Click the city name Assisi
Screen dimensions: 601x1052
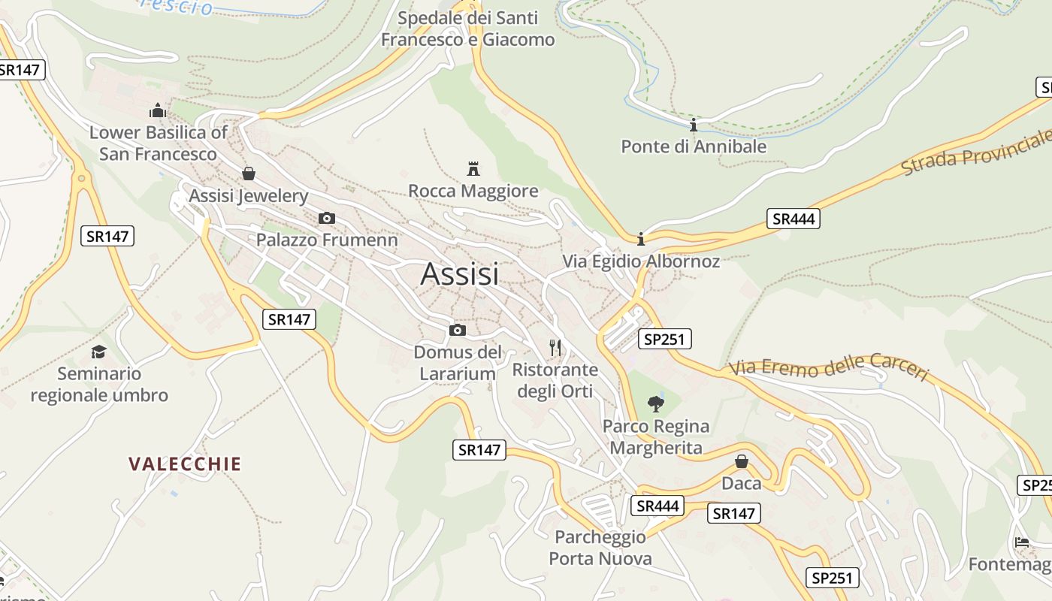[x=460, y=274]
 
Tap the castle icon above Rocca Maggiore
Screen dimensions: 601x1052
[x=473, y=168]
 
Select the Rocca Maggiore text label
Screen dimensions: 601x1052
[x=473, y=192]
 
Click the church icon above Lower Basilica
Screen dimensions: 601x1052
[x=157, y=111]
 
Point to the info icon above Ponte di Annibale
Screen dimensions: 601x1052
[x=693, y=125]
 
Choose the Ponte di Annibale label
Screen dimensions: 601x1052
[x=694, y=146]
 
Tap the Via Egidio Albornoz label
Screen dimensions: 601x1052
[x=641, y=261]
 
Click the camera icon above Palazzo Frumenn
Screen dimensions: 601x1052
[x=326, y=218]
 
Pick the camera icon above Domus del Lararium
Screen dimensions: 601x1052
[x=457, y=330]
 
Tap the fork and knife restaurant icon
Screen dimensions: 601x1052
[x=555, y=347]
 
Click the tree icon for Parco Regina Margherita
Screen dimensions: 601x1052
[x=656, y=403]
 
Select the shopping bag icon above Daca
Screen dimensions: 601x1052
[x=742, y=461]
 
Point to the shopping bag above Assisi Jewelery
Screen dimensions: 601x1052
[x=249, y=174]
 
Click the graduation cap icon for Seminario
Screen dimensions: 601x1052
[x=98, y=352]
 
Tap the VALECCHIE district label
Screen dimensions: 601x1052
[x=185, y=464]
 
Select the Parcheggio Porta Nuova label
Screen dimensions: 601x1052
[x=600, y=548]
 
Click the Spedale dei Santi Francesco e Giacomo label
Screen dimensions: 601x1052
[x=467, y=29]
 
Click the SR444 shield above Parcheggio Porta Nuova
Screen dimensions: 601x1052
[x=657, y=506]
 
